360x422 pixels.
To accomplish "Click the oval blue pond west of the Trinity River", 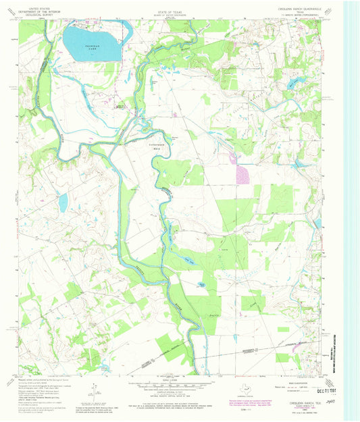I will click(62, 201).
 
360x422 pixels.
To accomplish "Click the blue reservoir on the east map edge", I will click(317, 223).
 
